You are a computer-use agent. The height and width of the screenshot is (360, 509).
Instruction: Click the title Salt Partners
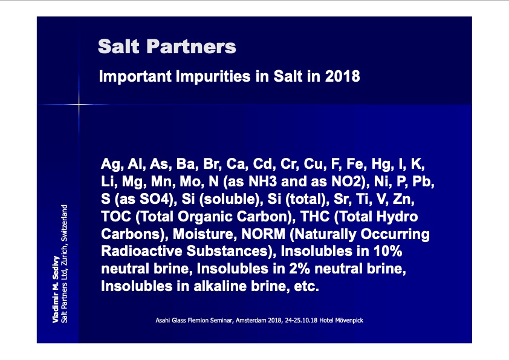tap(167, 47)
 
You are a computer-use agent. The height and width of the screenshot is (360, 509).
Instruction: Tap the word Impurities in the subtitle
tap(213, 77)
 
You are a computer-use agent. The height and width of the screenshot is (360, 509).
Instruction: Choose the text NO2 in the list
tap(346, 182)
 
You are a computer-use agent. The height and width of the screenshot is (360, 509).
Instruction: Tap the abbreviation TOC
tap(116, 217)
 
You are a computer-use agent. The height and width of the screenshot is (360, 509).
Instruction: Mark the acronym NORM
tap(263, 234)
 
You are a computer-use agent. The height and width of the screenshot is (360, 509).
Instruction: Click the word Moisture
tap(205, 234)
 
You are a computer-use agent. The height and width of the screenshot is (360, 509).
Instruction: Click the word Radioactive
tap(141, 251)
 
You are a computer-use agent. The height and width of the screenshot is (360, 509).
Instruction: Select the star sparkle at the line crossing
tap(79, 104)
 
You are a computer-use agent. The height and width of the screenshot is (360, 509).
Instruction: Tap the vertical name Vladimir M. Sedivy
tap(56, 289)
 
